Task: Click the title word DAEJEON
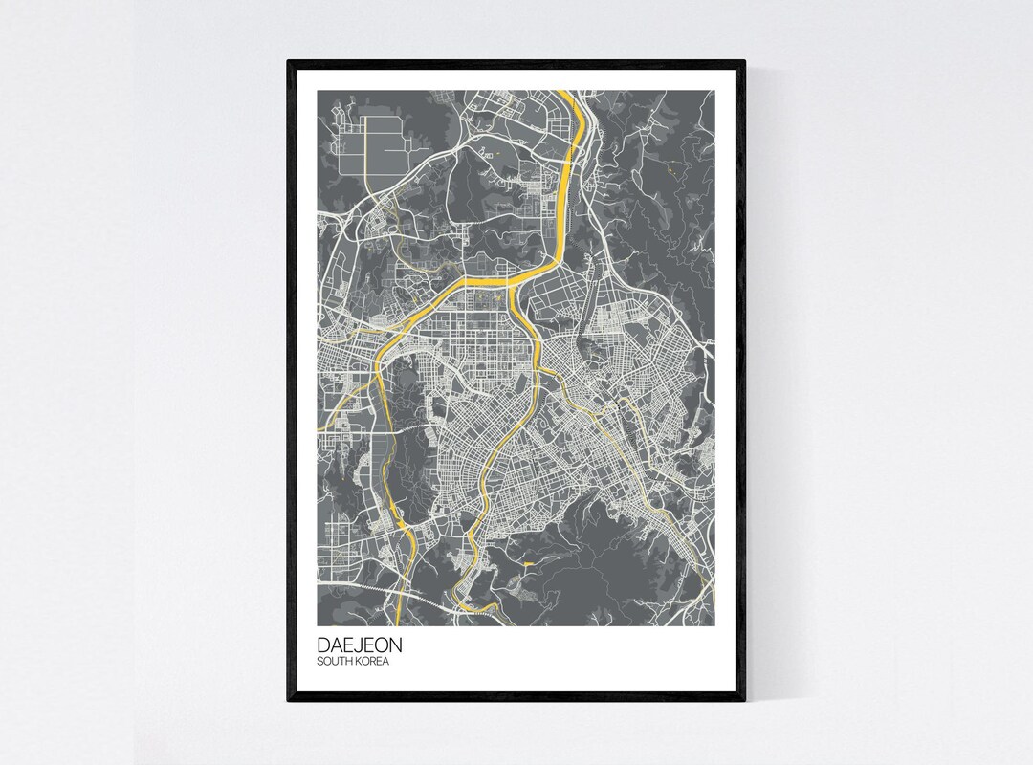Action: point(353,645)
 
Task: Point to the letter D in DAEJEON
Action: point(323,645)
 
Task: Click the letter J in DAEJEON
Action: point(353,645)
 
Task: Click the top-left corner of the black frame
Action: point(288,61)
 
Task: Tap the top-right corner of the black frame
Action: point(744,61)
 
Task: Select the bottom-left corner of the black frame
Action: point(288,703)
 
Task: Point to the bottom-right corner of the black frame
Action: point(744,703)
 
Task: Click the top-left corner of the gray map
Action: point(318,91)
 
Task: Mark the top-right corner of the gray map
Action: point(714,91)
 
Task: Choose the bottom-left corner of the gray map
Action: point(318,626)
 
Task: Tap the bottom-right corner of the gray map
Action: point(714,626)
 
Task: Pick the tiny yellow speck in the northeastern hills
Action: point(672,171)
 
